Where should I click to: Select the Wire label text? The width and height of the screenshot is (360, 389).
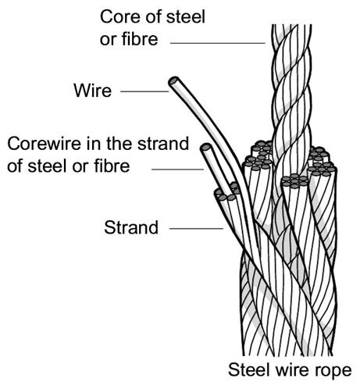(x=93, y=91)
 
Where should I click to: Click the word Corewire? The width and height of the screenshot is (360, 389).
(x=44, y=144)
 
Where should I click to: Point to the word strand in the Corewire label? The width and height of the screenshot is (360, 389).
(x=163, y=144)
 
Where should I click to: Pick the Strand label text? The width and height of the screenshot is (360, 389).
(x=131, y=227)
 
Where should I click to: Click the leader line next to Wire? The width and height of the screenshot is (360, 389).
(x=144, y=91)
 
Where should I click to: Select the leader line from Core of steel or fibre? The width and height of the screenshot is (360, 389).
(x=218, y=43)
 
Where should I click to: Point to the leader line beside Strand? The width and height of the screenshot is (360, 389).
(x=196, y=229)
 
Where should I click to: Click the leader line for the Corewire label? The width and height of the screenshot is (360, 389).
(x=177, y=170)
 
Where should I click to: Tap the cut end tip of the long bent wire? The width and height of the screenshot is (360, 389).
(x=173, y=80)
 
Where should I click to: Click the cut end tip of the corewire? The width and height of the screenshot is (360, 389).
(x=206, y=148)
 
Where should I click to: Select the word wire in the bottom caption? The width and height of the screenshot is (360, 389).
(x=292, y=369)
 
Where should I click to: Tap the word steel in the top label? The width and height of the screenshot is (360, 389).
(x=186, y=17)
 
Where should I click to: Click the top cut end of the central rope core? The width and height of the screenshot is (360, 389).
(x=291, y=25)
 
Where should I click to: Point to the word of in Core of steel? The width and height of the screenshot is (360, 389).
(x=151, y=17)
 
